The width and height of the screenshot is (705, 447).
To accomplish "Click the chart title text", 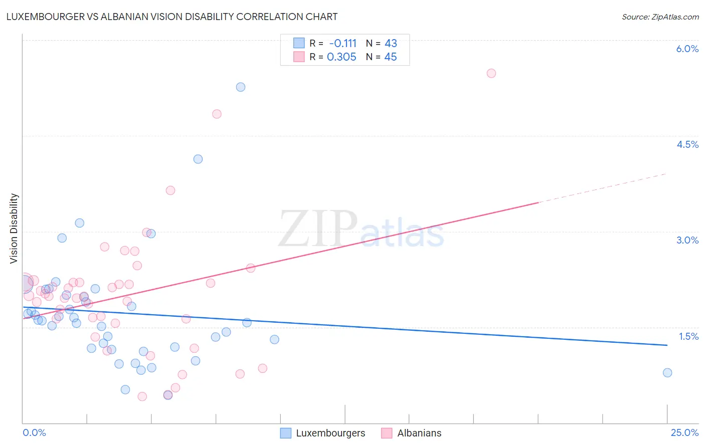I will tap(171, 17).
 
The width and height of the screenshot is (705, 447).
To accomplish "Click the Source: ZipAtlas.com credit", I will tap(660, 17).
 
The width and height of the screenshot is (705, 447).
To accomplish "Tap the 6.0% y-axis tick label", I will tap(687, 49).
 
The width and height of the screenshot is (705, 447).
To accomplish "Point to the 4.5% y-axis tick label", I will tap(687, 144).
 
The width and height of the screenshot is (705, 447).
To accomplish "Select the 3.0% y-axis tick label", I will tap(687, 240).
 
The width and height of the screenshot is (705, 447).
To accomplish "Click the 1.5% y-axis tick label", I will tap(688, 336).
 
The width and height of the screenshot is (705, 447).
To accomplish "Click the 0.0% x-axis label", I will tap(34, 432).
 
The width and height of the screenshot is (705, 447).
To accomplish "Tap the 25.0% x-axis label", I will tap(684, 432).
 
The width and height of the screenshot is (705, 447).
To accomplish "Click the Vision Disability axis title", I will tap(14, 229).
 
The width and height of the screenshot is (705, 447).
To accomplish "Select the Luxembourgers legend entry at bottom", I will tap(323, 433).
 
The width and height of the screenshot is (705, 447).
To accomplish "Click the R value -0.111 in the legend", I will tap(342, 44).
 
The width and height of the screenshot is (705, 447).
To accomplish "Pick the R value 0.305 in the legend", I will tap(341, 57).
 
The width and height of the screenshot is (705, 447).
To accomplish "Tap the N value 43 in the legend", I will tap(391, 44).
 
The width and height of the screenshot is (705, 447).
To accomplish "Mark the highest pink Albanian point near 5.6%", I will tap(491, 74).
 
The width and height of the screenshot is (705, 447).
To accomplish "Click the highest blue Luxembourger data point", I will tap(241, 87).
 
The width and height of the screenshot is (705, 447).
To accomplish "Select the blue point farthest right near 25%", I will tap(667, 373).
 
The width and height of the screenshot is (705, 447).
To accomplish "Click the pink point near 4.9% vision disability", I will tap(217, 114).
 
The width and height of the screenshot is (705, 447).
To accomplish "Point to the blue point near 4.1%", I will tap(198, 159).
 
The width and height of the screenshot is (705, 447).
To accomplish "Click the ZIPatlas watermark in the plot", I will tap(361, 230).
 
